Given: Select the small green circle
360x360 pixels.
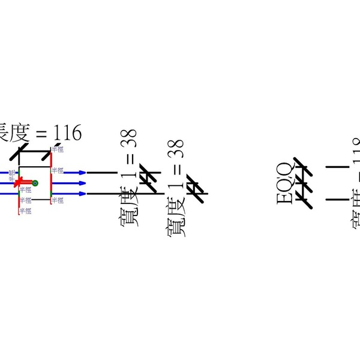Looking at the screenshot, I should (35, 182).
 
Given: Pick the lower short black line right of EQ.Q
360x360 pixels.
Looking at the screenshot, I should (336, 199).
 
